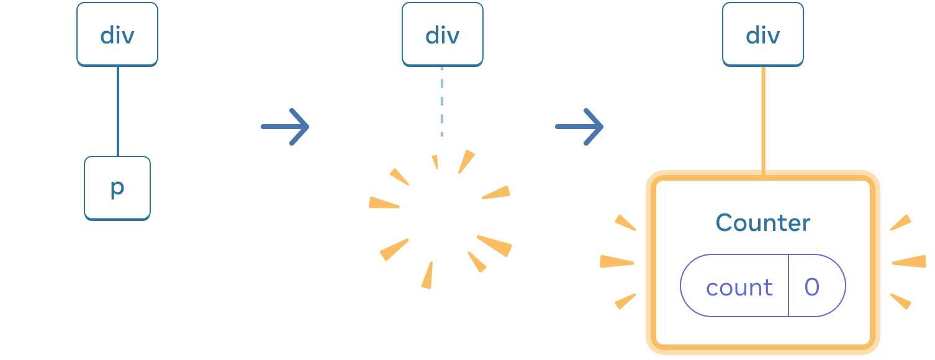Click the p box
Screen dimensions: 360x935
[x=117, y=188]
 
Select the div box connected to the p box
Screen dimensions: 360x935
[x=117, y=35]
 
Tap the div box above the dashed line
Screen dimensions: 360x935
[x=442, y=35]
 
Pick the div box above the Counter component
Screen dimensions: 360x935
[x=762, y=35]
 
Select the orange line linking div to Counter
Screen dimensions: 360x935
[x=763, y=118]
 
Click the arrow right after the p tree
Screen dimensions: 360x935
[x=285, y=127]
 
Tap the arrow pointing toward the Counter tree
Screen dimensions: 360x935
[x=579, y=127]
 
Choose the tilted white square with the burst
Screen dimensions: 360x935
[x=442, y=217]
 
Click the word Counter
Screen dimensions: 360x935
[x=762, y=223]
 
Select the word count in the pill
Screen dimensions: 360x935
[x=739, y=287]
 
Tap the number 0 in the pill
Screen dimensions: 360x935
[x=812, y=287]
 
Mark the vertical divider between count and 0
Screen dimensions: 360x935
[x=788, y=286]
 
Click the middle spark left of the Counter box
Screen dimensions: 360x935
[x=617, y=262]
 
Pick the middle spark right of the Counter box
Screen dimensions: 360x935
[x=909, y=262]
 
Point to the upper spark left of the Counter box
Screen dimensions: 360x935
[x=625, y=223]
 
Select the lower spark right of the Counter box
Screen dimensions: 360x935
[x=901, y=301]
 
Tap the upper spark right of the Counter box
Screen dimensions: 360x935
[x=901, y=223]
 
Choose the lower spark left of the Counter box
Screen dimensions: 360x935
[x=625, y=301]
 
